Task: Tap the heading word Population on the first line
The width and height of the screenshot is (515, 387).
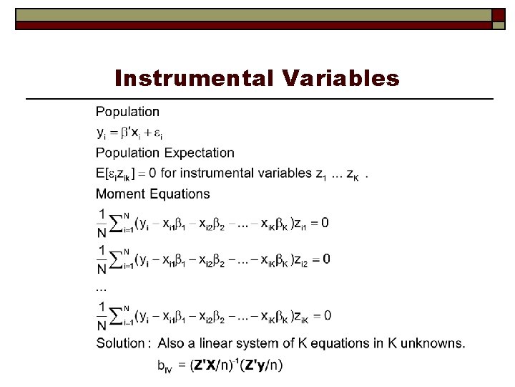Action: pyautogui.click(x=128, y=112)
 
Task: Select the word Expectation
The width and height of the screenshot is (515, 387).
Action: pyautogui.click(x=200, y=153)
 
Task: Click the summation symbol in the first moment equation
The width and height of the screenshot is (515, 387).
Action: pyautogui.click(x=116, y=222)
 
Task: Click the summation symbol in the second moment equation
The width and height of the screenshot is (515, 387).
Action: pyautogui.click(x=116, y=258)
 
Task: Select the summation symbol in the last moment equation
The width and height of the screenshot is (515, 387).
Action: pyautogui.click(x=116, y=315)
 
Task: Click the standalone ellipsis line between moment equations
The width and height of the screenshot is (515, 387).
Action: pyautogui.click(x=101, y=287)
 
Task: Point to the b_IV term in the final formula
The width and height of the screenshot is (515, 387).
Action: pyautogui.click(x=166, y=366)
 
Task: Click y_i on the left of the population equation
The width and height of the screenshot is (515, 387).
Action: pyautogui.click(x=102, y=133)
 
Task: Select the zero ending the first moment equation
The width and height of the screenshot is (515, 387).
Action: pyautogui.click(x=325, y=223)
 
